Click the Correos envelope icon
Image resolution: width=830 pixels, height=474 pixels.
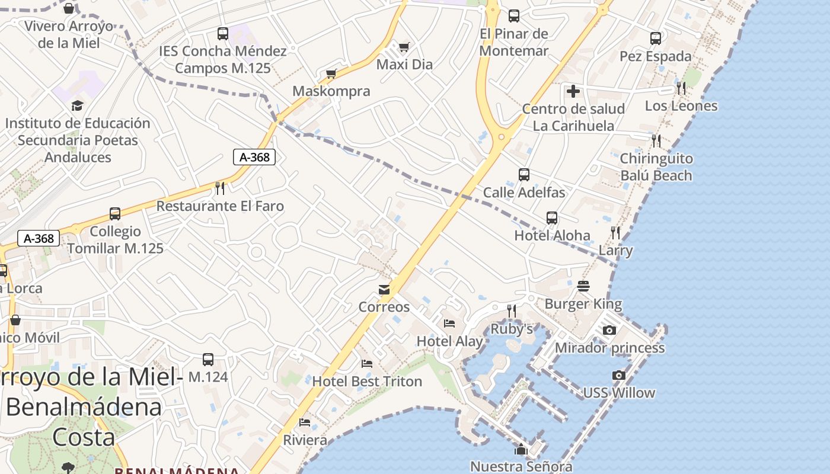[384, 290]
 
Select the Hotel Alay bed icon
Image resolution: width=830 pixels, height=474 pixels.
[449, 324]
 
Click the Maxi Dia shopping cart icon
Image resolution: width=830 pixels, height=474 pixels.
[404, 47]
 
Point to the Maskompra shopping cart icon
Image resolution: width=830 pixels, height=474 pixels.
[331, 73]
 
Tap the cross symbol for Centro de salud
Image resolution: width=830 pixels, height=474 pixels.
[573, 91]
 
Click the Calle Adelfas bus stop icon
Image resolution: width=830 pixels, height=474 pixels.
[524, 175]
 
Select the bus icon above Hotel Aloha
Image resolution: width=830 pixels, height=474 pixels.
[552, 218]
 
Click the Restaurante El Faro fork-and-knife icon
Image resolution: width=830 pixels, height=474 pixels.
[220, 188]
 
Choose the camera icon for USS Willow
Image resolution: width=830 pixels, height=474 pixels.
[619, 375]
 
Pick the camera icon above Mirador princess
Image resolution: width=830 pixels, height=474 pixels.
[609, 330]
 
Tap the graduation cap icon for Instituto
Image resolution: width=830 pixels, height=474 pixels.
[77, 106]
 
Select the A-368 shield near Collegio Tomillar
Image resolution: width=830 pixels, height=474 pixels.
[39, 238]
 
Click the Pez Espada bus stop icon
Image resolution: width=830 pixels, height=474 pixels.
[656, 39]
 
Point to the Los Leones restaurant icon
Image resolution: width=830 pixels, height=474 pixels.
[682, 88]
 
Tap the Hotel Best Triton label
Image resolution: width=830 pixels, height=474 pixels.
[367, 381]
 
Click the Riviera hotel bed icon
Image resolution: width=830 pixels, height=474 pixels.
[305, 422]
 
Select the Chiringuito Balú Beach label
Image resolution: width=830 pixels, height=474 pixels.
[656, 167]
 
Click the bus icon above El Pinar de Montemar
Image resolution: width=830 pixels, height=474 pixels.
[514, 16]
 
